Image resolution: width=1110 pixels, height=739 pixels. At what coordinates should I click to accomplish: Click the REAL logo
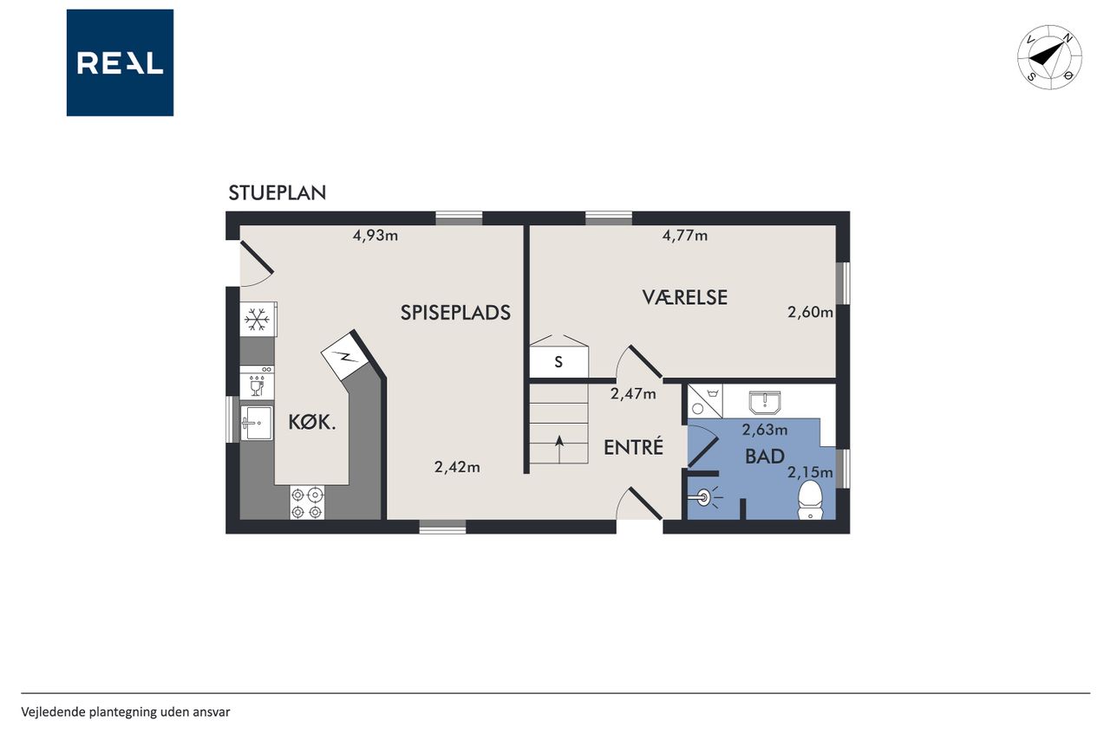pos(120,63)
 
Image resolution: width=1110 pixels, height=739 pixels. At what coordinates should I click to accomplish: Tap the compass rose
pos(1049,57)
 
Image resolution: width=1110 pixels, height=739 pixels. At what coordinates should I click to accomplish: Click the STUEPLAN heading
pos(277,193)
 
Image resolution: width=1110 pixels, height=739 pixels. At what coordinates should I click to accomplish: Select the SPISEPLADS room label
pos(455,313)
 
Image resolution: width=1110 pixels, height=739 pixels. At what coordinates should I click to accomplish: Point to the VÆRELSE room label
pos(685,297)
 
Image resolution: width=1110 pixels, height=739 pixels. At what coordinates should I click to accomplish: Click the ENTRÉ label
pos(633,446)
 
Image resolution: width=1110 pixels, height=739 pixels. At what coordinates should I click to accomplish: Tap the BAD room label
pos(765,457)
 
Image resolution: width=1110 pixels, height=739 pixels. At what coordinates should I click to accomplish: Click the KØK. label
pos(312,422)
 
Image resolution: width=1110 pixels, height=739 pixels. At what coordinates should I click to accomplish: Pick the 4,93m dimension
pos(375,236)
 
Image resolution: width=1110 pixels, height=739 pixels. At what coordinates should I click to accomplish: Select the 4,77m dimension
pos(685,236)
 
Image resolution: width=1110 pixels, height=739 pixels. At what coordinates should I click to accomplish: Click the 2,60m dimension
pos(810,313)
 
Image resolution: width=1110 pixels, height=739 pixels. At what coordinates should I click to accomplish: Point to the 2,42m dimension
pos(457,467)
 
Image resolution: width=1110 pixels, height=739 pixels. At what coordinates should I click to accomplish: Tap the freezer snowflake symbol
pos(258,320)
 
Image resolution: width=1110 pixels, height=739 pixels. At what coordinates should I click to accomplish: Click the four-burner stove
pos(307,502)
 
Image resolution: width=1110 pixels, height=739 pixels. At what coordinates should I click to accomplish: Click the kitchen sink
pos(257,423)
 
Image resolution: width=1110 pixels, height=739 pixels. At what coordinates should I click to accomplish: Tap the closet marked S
pos(558,362)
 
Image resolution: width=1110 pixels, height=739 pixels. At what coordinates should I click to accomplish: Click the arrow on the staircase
pos(559,449)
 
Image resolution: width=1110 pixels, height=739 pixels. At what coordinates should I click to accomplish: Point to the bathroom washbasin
pos(765,402)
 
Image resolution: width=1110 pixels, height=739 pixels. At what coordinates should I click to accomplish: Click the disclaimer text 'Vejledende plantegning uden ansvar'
pos(126,712)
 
